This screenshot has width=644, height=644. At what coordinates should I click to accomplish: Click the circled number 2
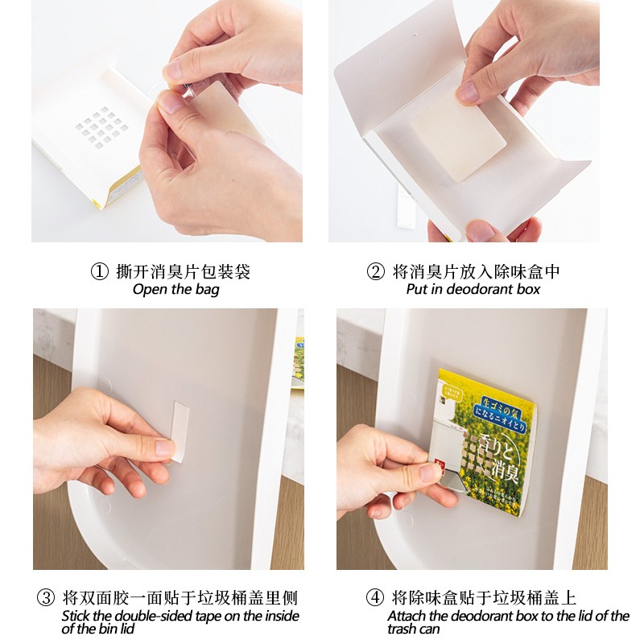(x=375, y=272)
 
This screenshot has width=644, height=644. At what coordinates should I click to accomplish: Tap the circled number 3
(x=45, y=598)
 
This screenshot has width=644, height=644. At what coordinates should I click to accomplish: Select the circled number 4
(x=374, y=598)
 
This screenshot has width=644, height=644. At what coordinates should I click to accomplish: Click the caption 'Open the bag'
(x=175, y=290)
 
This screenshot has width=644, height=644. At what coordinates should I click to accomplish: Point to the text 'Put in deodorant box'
(x=473, y=290)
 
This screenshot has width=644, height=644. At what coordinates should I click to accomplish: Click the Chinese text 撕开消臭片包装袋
(x=184, y=272)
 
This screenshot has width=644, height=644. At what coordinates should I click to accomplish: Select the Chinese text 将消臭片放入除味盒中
(x=477, y=272)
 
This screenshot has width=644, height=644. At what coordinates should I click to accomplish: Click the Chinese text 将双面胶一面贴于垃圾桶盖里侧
(x=180, y=598)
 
